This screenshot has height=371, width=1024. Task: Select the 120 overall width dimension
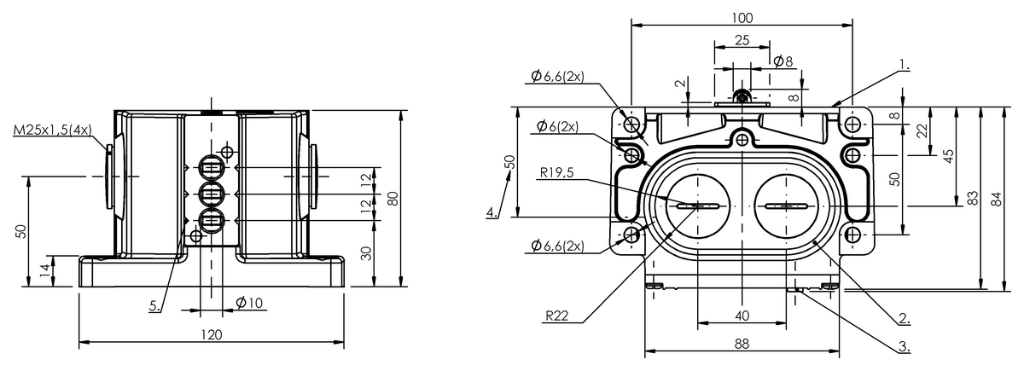pos(211,334)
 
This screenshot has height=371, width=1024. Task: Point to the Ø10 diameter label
pos(248,302)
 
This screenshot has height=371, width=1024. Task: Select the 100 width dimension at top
pos(741,17)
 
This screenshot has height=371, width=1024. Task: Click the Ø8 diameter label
pos(783,61)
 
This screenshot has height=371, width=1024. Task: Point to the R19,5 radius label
pos(556,172)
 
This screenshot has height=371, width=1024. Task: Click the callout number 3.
pos(904,346)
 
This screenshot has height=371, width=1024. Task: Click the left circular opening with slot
pos(698,206)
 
